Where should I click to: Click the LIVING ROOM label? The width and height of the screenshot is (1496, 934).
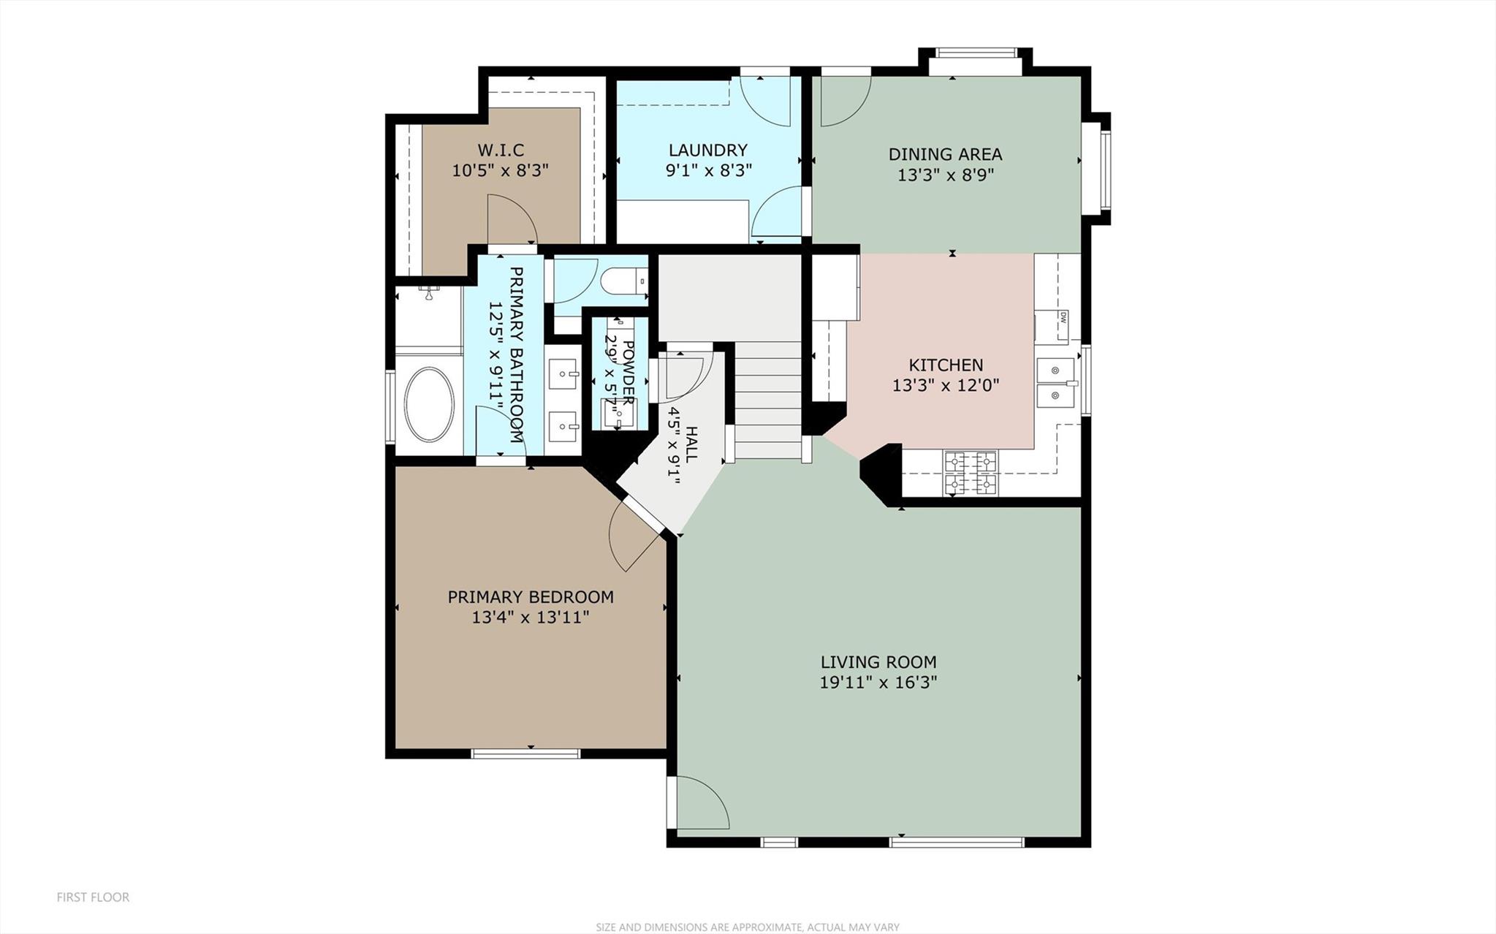coord(878,662)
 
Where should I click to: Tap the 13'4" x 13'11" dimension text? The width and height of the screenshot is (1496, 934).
coord(530,618)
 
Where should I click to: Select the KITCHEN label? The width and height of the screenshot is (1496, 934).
coord(946,365)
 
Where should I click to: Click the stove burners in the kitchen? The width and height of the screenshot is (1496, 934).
coord(971,473)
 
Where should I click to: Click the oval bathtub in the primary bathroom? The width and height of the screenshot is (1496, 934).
coord(429,404)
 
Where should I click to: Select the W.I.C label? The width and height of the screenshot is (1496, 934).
coord(501,151)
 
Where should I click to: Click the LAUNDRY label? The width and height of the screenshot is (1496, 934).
coord(707,151)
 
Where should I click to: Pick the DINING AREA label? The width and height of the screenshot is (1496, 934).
coord(945,154)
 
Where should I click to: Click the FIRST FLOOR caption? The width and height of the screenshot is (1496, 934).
coord(93,897)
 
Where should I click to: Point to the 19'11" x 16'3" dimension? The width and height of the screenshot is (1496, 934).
coord(878,683)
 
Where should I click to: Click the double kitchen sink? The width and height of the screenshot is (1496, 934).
coord(1055,382)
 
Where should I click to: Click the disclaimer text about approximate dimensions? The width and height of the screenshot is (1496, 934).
coord(747,927)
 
